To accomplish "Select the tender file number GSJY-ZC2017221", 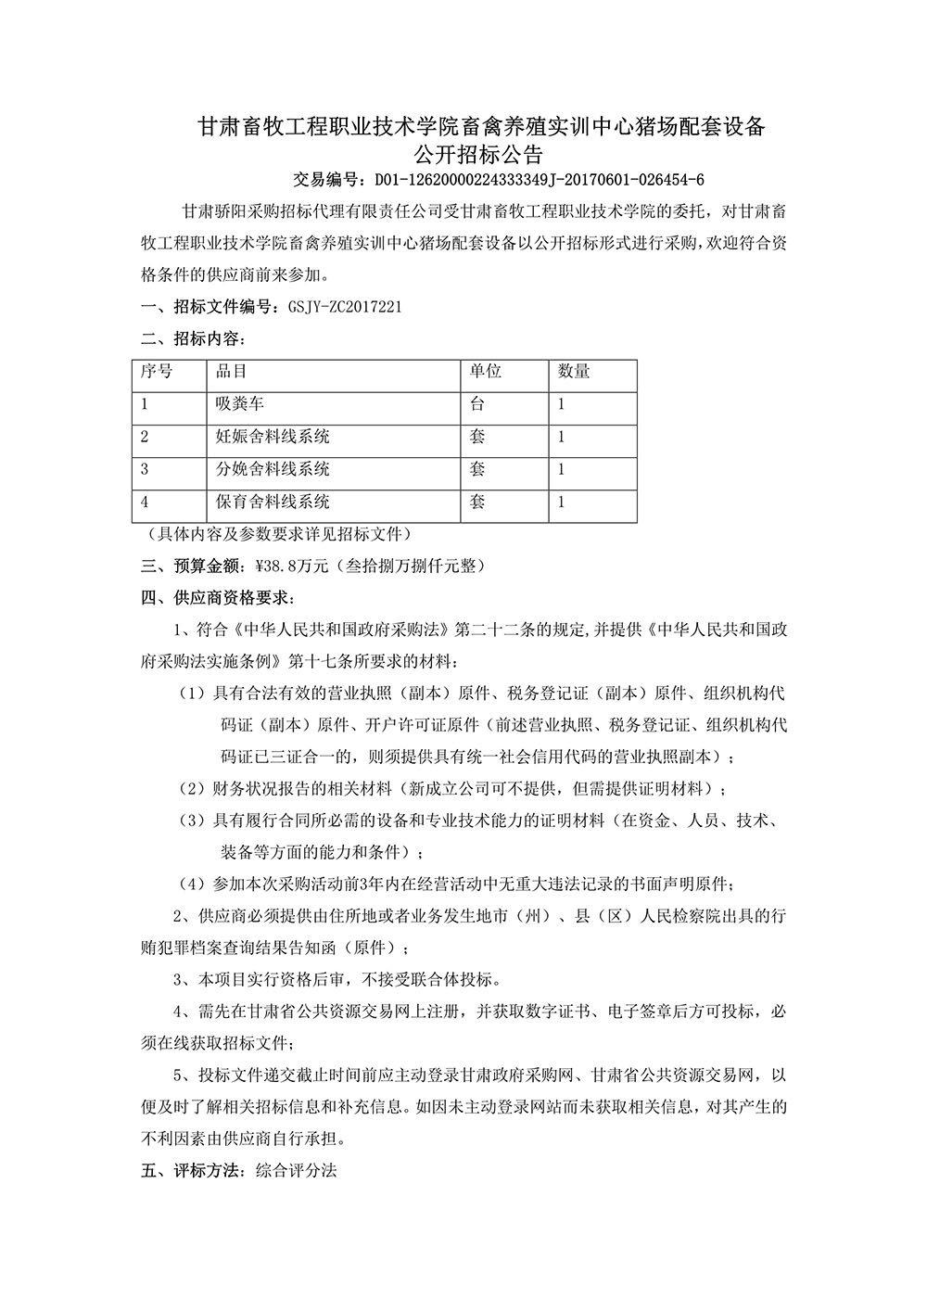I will (333, 307).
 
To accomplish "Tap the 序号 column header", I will (157, 372).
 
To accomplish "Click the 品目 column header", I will (231, 372).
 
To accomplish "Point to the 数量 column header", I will (574, 372).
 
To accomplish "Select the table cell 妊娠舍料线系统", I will (273, 437).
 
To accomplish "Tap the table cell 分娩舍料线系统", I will (273, 469).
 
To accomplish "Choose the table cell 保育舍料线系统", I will (273, 502).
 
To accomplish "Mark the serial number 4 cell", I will (145, 502).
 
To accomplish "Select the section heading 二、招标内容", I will (193, 338).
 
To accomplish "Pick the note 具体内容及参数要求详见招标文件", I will (280, 535).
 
